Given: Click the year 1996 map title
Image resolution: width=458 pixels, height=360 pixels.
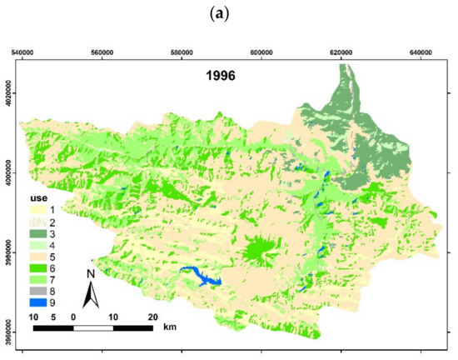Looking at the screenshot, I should pos(223,73).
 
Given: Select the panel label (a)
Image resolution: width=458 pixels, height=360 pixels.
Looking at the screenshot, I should pos(228,12).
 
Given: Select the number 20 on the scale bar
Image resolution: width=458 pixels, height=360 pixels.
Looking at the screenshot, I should pos(151,317).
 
